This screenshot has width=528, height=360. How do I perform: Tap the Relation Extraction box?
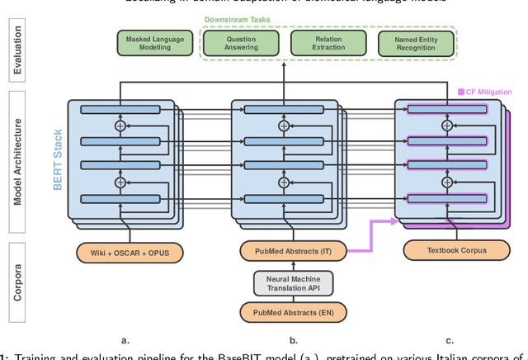[x=328, y=44]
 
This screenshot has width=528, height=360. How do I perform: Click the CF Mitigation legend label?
[x=488, y=92]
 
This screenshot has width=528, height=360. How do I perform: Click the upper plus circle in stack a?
[x=121, y=126]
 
